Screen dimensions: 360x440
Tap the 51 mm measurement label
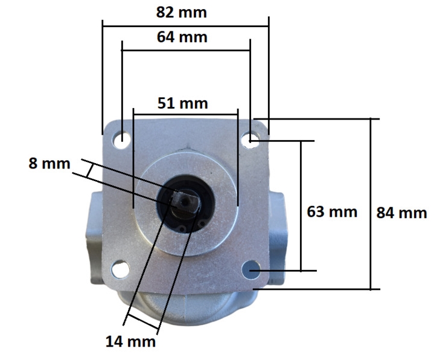tap(182, 103)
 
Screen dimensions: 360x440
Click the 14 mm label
tap(131, 342)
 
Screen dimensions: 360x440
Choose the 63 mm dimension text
tap(332, 211)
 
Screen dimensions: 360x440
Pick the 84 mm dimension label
tap(401, 213)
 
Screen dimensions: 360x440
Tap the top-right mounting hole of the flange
tap(249, 140)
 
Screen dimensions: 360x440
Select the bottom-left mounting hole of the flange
tap(120, 268)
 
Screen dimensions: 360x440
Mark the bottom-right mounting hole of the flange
tap(252, 269)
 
